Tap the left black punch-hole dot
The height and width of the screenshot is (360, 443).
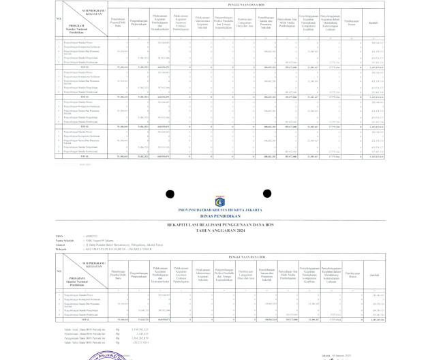[x=170, y=194]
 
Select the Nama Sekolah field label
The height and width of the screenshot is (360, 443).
[x=63, y=240]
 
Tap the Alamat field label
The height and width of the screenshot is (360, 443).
[x=60, y=244]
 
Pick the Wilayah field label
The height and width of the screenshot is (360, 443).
[x=61, y=248]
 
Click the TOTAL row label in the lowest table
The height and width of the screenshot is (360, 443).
[x=85, y=318]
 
